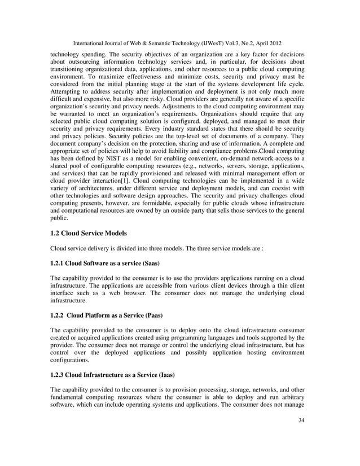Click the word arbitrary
(x=291, y=397)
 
